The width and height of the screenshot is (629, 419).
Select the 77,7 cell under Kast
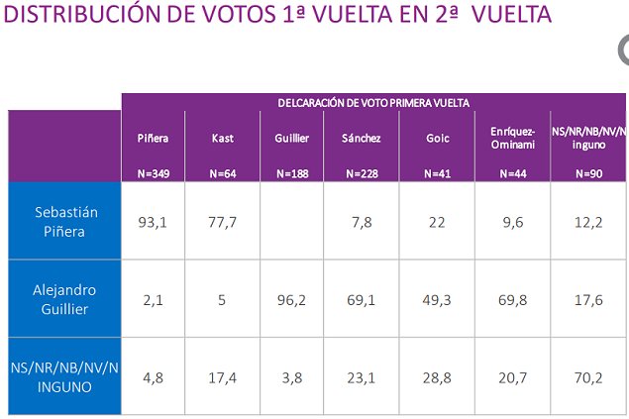pos(222,222)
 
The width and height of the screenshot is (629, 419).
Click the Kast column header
pos(222,139)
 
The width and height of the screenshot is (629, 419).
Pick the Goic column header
pos(437,139)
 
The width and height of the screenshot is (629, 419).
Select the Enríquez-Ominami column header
pos(511,138)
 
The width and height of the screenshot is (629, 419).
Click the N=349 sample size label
pos(154,173)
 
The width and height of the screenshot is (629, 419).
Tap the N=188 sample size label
pos(291,173)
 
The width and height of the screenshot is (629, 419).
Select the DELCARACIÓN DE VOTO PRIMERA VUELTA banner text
pos(373,102)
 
